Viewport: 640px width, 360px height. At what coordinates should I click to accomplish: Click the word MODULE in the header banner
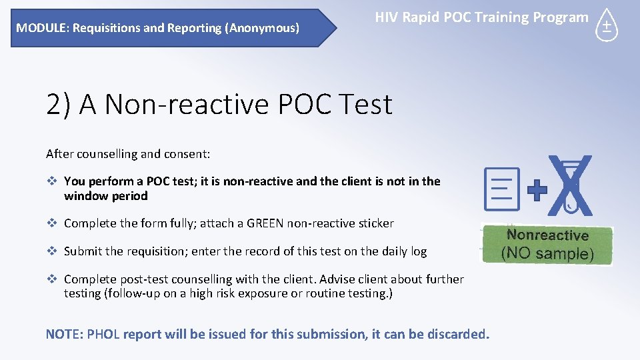pos(37,28)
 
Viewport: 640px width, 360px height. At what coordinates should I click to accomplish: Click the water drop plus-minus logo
pos(607,26)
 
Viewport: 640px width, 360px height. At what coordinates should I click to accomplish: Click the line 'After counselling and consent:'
pos(128,154)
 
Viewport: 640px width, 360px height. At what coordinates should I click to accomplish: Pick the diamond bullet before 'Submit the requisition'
pos(51,251)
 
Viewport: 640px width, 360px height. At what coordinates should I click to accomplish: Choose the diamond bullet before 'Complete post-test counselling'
pos(51,279)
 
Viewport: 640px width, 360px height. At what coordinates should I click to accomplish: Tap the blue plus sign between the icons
pos(537,191)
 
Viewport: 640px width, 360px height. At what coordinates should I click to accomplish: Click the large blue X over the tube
pos(570,186)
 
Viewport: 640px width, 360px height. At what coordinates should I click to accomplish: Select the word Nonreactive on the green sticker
pos(547,235)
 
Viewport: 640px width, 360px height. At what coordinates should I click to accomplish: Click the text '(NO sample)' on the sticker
pos(547,253)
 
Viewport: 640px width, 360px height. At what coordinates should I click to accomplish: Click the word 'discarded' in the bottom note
pos(453,334)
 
